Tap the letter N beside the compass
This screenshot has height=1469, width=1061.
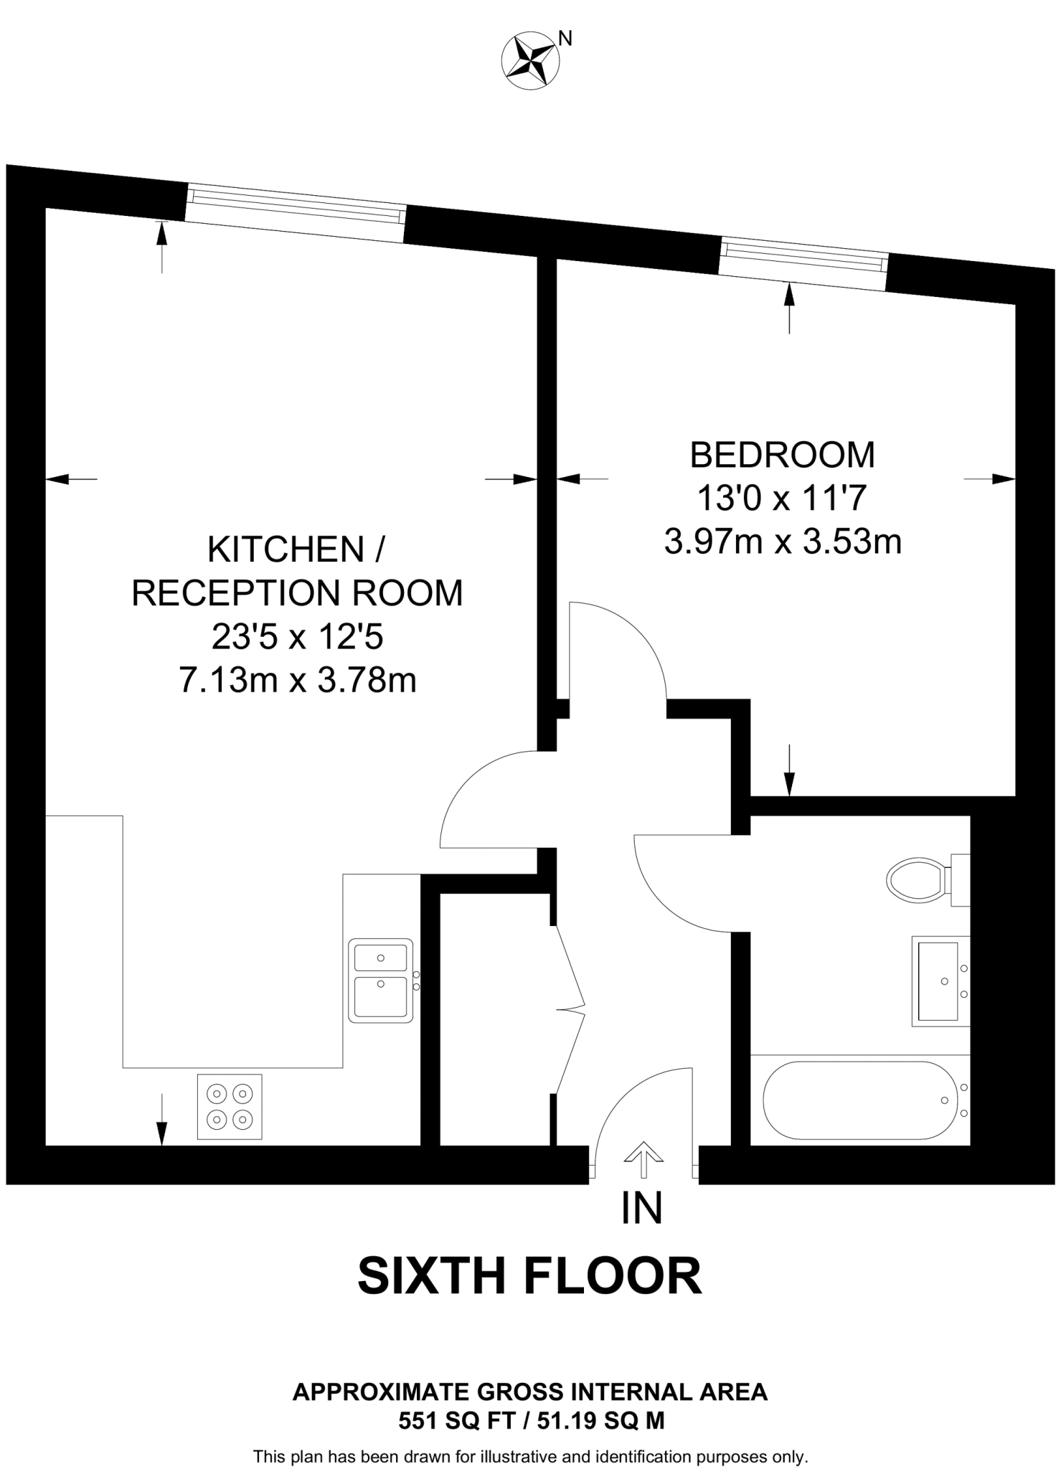coord(565,39)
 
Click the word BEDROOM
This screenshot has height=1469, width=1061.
coord(782,455)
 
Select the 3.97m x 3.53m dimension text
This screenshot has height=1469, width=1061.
coord(782,542)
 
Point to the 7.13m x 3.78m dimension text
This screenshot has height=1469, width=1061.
coord(297,679)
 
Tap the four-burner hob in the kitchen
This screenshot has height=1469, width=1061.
coord(230,1106)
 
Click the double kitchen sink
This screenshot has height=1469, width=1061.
coord(381,980)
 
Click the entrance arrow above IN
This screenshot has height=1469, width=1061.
coord(643,1159)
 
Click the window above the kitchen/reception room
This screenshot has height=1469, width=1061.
coord(296,212)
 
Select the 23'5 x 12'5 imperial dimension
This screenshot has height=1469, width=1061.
coord(297,636)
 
